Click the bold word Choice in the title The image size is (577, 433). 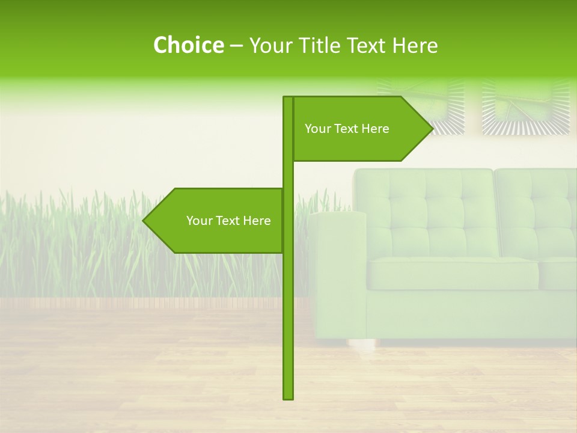coord(188,46)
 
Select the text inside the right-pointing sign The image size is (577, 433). coord(347,129)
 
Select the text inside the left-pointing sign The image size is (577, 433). coord(228,221)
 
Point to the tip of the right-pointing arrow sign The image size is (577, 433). coord(432,129)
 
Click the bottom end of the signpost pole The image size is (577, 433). coord(288,397)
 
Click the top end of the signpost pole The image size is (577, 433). coord(288,98)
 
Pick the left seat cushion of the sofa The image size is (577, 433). coord(451,274)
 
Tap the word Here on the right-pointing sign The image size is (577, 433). coord(375,129)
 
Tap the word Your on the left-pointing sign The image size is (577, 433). coord(199,221)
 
